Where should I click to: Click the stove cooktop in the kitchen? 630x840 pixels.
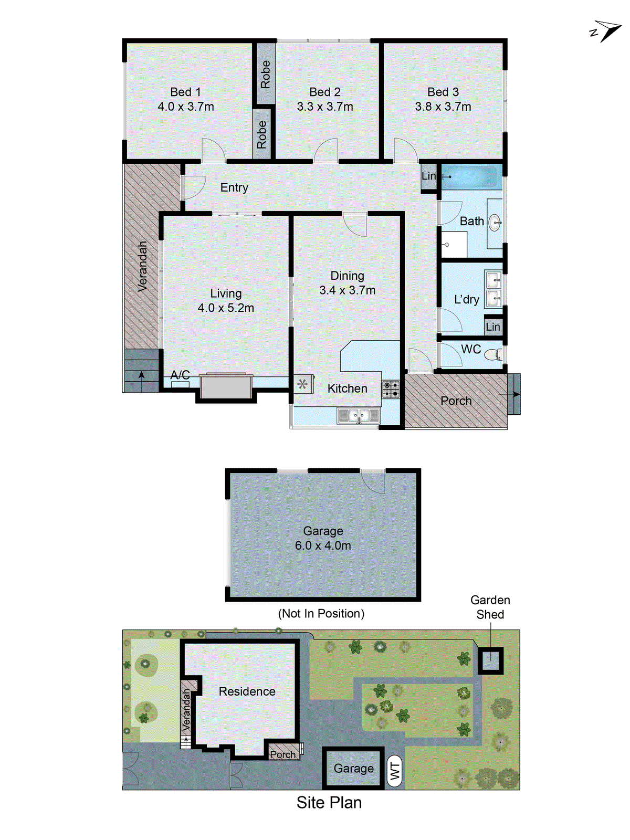click(391, 389)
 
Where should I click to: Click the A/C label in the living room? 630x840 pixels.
click(180, 375)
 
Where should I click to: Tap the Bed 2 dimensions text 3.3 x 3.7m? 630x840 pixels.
click(325, 107)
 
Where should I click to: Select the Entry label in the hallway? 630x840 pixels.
click(234, 187)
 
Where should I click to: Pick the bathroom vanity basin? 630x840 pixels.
click(495, 223)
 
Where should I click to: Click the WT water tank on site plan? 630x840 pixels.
click(395, 771)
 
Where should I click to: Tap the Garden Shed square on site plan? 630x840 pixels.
click(490, 660)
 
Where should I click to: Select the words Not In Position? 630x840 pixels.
click(321, 613)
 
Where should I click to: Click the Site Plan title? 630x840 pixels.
click(329, 802)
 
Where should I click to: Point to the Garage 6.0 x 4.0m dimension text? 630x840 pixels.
click(323, 545)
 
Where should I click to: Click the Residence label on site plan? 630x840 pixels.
click(247, 691)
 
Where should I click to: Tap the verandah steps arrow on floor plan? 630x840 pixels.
click(141, 375)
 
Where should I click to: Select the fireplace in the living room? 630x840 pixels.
click(226, 386)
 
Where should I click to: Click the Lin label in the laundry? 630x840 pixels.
click(493, 327)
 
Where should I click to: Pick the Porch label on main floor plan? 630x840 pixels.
click(456, 401)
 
